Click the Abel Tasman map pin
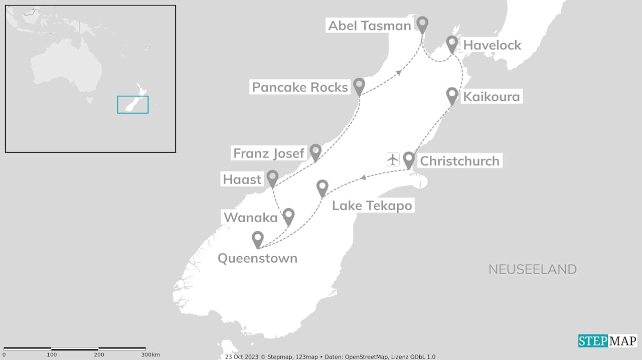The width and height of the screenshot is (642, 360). (422, 23)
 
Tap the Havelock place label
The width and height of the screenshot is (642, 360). (492, 45)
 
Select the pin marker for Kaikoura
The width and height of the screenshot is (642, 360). (452, 94)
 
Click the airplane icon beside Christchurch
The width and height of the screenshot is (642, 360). (393, 159)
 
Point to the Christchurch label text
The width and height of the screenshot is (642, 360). (459, 161)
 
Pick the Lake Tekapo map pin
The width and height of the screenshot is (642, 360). (323, 187)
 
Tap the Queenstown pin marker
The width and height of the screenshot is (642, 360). (258, 238)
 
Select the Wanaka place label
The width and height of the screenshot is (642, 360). (250, 218)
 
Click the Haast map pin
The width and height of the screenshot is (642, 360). (272, 177)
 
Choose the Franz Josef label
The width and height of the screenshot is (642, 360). (269, 153)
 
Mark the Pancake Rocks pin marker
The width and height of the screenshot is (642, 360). (359, 85)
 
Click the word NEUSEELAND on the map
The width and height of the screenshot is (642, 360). (532, 269)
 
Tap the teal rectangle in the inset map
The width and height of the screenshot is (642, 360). (133, 104)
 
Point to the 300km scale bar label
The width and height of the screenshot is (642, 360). (150, 355)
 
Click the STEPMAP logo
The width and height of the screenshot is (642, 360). (607, 341)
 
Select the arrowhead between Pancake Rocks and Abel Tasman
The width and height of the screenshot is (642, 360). (399, 73)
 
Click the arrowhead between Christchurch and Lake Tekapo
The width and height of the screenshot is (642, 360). (362, 177)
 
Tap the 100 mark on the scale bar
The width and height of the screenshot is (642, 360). (52, 355)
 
